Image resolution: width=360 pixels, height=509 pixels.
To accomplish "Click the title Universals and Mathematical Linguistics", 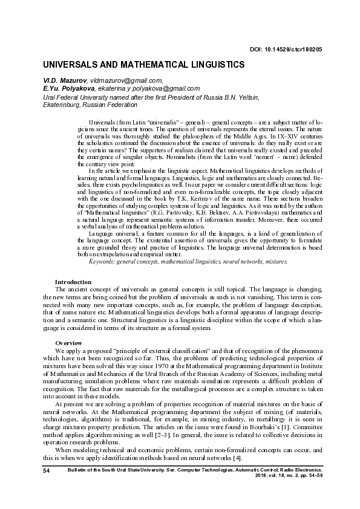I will pos(143,64).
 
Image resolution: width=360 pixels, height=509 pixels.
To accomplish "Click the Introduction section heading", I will pos(73,282).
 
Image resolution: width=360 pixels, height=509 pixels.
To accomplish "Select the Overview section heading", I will pos(68,343).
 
